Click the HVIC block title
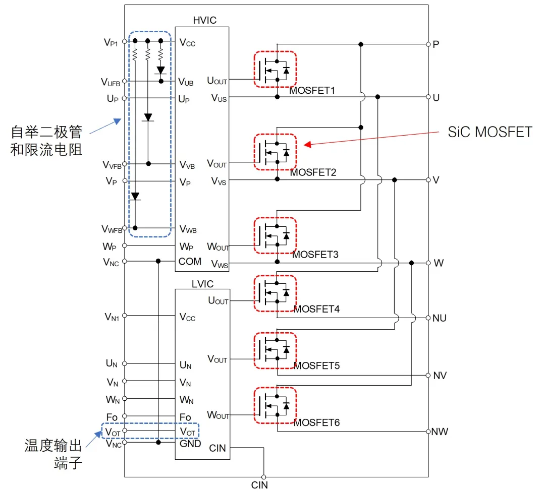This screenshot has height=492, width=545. tap(204, 20)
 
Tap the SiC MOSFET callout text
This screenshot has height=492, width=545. tap(489, 132)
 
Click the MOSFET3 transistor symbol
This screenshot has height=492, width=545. tap(275, 235)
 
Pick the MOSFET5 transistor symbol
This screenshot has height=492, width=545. tap(275, 349)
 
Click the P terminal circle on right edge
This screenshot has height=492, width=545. tap(428, 44)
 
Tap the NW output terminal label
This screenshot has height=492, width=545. tap(440, 432)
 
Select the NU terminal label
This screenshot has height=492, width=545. tap(440, 318)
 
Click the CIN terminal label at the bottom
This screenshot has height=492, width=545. tap(259, 485)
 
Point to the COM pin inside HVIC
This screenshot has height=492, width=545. tap(190, 262)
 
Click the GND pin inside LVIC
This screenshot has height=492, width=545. tap(190, 444)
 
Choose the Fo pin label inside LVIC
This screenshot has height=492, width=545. tap(185, 417)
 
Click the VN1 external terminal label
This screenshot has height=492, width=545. tap(112, 317)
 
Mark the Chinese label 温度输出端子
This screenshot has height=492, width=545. tap(53, 454)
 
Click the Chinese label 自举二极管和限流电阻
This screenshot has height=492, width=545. tap(46, 141)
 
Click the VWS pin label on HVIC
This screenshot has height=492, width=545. tap(219, 264)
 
